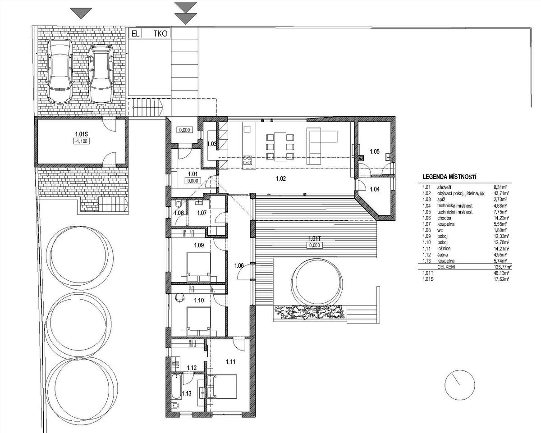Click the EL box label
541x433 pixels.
coord(135,34)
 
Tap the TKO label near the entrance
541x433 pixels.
coord(160,34)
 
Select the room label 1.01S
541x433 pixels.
coord(82,134)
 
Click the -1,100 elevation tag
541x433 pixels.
coord(82,141)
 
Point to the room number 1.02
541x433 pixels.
coord(281,179)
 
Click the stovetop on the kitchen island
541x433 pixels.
coord(248,160)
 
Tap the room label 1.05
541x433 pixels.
coord(375,151)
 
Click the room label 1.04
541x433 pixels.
coord(375,189)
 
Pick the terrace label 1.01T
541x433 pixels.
coord(314,238)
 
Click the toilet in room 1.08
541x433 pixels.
coord(178,204)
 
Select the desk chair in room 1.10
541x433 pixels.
coord(180,298)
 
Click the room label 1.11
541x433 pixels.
coord(230,362)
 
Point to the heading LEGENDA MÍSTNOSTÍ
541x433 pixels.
coord(449,177)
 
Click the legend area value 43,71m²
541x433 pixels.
coord(501,193)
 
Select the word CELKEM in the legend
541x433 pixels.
coord(446,267)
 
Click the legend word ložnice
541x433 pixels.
coord(444,249)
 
